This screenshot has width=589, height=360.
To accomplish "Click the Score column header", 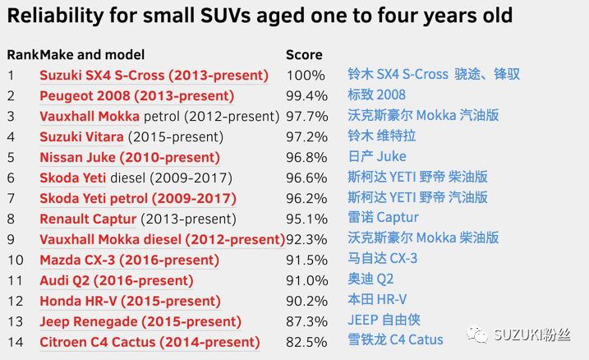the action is (304, 55).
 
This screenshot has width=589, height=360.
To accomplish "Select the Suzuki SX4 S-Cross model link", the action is (154, 76).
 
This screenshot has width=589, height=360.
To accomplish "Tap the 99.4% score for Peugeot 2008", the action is (306, 96).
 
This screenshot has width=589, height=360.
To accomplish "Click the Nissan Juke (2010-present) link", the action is (130, 158).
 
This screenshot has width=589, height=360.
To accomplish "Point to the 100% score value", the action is (306, 75).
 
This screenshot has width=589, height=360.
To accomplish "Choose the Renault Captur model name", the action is (88, 219).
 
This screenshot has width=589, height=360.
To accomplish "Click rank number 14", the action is (15, 342).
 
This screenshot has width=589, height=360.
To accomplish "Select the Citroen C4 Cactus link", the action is (150, 343).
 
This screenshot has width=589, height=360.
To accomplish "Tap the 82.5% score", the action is (306, 342).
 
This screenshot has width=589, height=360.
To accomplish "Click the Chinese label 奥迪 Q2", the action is (370, 279).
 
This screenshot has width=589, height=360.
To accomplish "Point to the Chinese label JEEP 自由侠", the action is (384, 320).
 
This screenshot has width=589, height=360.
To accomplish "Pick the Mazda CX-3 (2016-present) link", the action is (129, 260).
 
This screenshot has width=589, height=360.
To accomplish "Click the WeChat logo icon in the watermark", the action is (477, 334).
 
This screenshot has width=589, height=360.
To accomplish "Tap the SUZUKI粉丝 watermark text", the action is (532, 335).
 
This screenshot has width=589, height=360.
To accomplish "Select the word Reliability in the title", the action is (56, 16).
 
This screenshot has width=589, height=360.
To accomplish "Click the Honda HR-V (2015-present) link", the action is (130, 302).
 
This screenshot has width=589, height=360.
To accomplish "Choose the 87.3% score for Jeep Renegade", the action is (306, 321).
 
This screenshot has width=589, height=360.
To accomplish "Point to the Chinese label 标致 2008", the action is (376, 95).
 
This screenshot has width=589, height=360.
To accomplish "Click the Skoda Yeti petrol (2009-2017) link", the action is (138, 198).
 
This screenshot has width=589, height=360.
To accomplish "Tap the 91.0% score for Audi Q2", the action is (306, 281).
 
